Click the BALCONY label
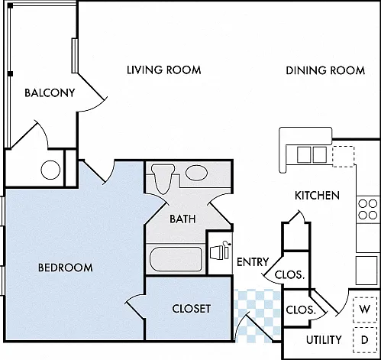pyautogui.click(x=50, y=92)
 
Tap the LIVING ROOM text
pyautogui.click(x=164, y=70)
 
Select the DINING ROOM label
pyautogui.click(x=325, y=70)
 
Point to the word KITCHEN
pyautogui.click(x=317, y=196)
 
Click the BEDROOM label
pyautogui.click(x=66, y=268)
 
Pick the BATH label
pyautogui.click(x=182, y=219)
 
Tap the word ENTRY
pyautogui.click(x=253, y=262)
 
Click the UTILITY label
pyautogui.click(x=324, y=340)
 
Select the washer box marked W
pyautogui.click(x=365, y=310)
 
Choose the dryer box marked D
pyautogui.click(x=365, y=340)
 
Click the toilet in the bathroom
pyautogui.click(x=163, y=178)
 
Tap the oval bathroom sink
pyautogui.click(x=196, y=173)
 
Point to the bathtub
pyautogui.click(x=176, y=259)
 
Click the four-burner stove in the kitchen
pyautogui.click(x=368, y=209)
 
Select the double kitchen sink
pyautogui.click(x=312, y=154)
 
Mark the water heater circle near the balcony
pyautogui.click(x=50, y=170)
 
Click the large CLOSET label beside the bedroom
pyautogui.click(x=192, y=309)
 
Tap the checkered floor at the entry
pyautogui.click(x=257, y=316)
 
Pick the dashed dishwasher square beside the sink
pyautogui.click(x=344, y=157)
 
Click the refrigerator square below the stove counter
pyautogui.click(x=366, y=271)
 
